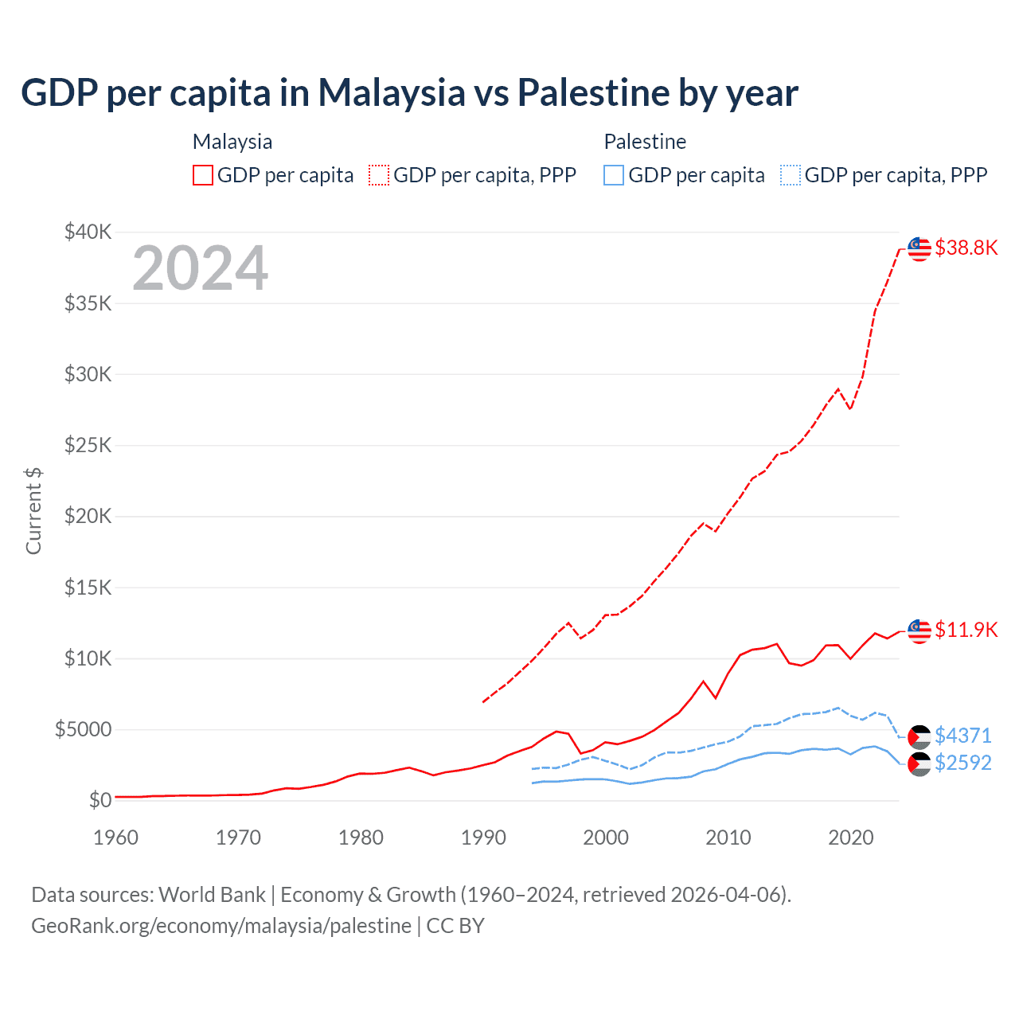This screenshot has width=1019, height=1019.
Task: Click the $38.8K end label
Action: point(966,248)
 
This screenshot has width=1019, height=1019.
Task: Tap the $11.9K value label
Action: point(966,630)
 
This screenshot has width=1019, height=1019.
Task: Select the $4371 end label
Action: point(962,735)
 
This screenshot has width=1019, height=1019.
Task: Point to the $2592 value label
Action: point(962,763)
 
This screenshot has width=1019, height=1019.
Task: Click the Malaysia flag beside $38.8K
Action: point(919,248)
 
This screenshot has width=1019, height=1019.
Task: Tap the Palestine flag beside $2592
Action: point(919,764)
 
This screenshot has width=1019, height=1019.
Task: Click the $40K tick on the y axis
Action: point(88,232)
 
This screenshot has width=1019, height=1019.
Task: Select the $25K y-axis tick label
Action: point(88,445)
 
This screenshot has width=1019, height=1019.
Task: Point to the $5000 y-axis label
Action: point(83,729)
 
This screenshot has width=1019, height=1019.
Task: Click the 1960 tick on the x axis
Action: point(116,837)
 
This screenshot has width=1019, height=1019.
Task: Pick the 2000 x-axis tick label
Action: point(606,837)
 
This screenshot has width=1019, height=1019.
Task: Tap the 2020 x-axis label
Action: point(851,837)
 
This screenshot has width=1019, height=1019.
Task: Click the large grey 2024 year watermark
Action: point(200,268)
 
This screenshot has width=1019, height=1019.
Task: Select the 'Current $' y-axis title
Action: point(33,510)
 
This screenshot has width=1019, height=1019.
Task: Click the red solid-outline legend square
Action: point(203,175)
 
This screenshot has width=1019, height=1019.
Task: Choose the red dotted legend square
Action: point(379,175)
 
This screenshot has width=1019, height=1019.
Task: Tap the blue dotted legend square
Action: point(791,175)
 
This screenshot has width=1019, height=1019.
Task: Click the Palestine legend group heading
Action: point(645,142)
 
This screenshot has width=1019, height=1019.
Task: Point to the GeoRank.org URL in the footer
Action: point(221,926)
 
